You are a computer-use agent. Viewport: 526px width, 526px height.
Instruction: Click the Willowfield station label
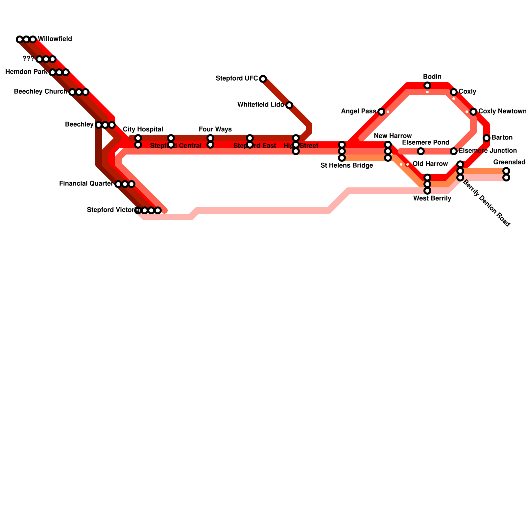click(55, 39)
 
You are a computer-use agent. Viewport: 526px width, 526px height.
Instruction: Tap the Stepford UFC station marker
click(263, 79)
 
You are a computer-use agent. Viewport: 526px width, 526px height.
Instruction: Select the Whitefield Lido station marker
click(289, 105)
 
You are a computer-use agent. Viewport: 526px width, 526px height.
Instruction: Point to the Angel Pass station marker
click(381, 112)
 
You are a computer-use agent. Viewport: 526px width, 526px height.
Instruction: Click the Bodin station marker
click(427, 85)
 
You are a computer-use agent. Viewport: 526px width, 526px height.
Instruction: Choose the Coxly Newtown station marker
click(473, 112)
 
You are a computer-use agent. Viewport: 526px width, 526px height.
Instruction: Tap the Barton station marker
click(487, 138)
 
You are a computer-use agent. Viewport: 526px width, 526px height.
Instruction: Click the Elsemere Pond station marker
click(421, 151)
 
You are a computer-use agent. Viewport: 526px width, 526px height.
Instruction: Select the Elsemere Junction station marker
click(454, 151)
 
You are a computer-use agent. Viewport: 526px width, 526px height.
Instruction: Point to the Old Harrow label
click(430, 164)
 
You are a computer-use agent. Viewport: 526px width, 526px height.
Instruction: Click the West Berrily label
click(432, 198)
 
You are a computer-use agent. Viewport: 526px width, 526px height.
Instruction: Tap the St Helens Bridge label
click(347, 165)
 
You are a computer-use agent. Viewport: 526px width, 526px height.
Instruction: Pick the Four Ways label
click(215, 129)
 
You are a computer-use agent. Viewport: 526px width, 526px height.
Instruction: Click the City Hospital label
click(143, 129)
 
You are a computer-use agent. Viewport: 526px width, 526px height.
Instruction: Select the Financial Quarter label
click(86, 183)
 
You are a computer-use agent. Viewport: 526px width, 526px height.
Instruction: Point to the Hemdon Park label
click(26, 72)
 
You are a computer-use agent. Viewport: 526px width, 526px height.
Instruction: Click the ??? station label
click(28, 59)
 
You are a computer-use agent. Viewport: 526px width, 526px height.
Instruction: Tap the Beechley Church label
click(40, 91)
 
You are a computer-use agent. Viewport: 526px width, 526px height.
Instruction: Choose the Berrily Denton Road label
click(487, 204)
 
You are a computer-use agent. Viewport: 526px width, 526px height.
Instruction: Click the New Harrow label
click(393, 136)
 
